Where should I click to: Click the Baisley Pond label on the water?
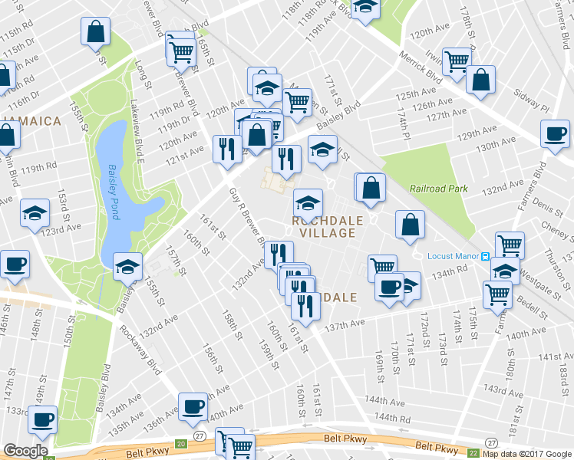pyautogui.click(x=111, y=189)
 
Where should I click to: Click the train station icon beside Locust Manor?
pyautogui.click(x=485, y=255)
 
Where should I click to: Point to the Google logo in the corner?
pyautogui.click(x=25, y=451)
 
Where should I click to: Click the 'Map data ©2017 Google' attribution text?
pyautogui.click(x=527, y=453)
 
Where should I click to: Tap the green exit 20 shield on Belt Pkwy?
pyautogui.click(x=180, y=444)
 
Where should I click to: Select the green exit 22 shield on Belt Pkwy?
pyautogui.click(x=473, y=452)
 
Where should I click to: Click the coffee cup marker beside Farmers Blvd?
pyautogui.click(x=555, y=134)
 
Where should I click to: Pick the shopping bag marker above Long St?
pyautogui.click(x=96, y=32)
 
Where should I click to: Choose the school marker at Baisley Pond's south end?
pyautogui.click(x=127, y=266)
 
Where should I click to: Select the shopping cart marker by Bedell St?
pyautogui.click(x=498, y=293)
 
